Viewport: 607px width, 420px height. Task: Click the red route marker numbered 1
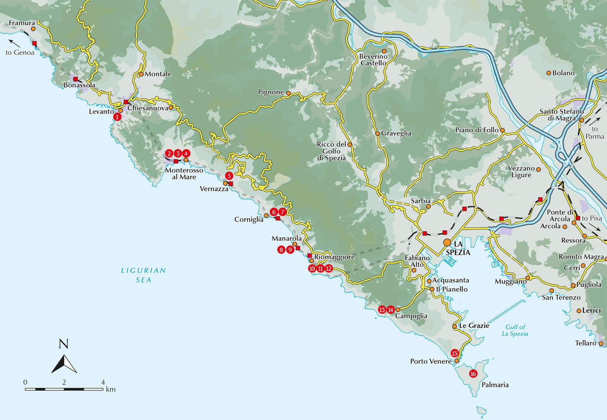(117, 117)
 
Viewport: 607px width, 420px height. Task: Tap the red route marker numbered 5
(229, 176)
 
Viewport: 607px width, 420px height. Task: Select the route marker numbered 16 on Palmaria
(473, 374)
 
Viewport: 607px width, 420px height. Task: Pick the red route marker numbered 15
(454, 353)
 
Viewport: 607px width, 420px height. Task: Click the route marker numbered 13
(382, 310)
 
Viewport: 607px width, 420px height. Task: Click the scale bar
(64, 389)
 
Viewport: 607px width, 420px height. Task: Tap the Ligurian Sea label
(144, 275)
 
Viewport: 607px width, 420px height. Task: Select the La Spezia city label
(458, 248)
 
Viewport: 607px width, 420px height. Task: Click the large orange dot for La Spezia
(447, 242)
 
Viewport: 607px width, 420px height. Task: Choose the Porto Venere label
(431, 361)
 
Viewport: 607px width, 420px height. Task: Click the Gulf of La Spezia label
(515, 330)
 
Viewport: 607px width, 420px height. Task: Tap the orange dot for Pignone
(289, 93)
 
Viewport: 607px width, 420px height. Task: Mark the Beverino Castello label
(373, 60)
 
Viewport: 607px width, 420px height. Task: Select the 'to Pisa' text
(592, 218)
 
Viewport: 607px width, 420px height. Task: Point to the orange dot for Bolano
(549, 73)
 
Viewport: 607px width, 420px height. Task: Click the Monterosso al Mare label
(184, 173)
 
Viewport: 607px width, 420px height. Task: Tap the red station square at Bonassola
(75, 79)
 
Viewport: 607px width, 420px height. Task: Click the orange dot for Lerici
(579, 310)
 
